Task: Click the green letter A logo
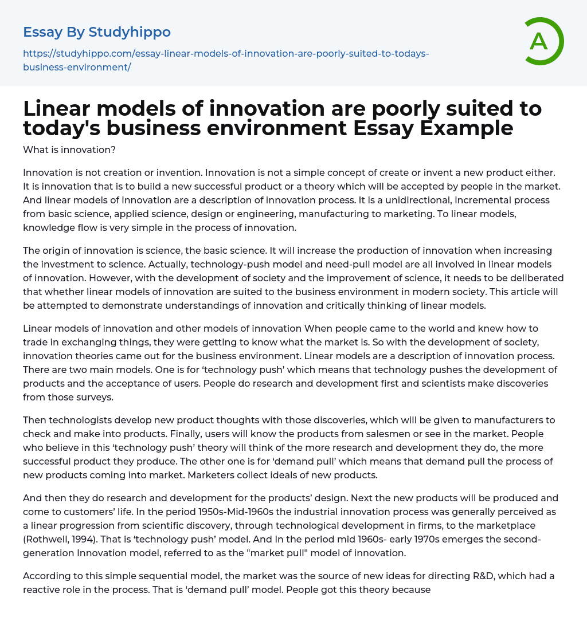541,41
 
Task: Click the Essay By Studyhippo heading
97,32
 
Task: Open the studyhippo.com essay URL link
226,60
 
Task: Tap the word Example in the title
469,128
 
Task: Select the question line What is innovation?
69,150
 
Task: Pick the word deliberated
525,278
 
